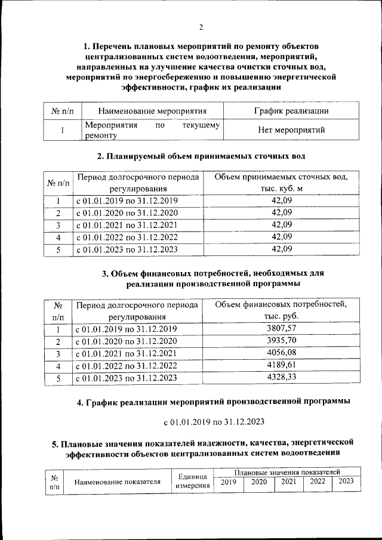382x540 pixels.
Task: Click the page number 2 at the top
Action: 201,27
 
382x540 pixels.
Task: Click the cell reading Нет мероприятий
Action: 291,129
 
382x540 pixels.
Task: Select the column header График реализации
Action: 291,110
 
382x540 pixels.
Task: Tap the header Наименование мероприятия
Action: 152,110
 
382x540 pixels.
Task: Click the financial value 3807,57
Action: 284,328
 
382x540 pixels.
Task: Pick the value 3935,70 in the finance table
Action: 284,341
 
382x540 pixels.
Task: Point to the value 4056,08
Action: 284,353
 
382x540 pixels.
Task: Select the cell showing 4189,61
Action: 284,365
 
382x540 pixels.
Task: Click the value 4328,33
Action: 284,377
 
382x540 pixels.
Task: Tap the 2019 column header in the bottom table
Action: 228,482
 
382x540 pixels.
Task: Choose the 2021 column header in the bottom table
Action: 288,482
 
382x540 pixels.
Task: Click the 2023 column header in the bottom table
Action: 346,482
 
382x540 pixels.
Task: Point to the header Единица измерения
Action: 192,482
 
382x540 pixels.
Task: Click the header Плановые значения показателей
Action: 286,472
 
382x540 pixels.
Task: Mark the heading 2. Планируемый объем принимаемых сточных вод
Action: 201,156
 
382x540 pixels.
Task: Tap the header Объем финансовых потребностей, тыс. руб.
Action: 281,310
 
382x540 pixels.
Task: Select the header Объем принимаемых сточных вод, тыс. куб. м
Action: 282,183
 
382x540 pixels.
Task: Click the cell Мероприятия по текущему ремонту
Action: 152,130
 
